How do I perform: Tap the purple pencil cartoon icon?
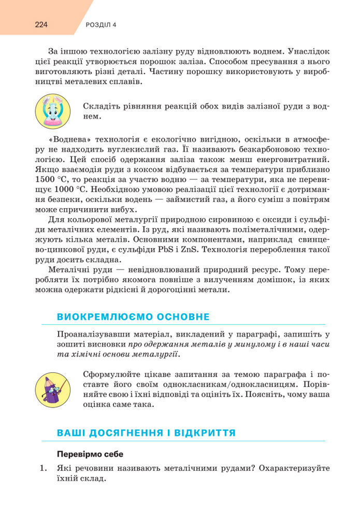(52, 388)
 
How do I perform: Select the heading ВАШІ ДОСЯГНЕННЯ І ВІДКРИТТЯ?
(146, 432)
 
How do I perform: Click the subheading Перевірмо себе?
(90, 454)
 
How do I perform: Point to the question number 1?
(44, 468)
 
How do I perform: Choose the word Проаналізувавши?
(93, 335)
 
